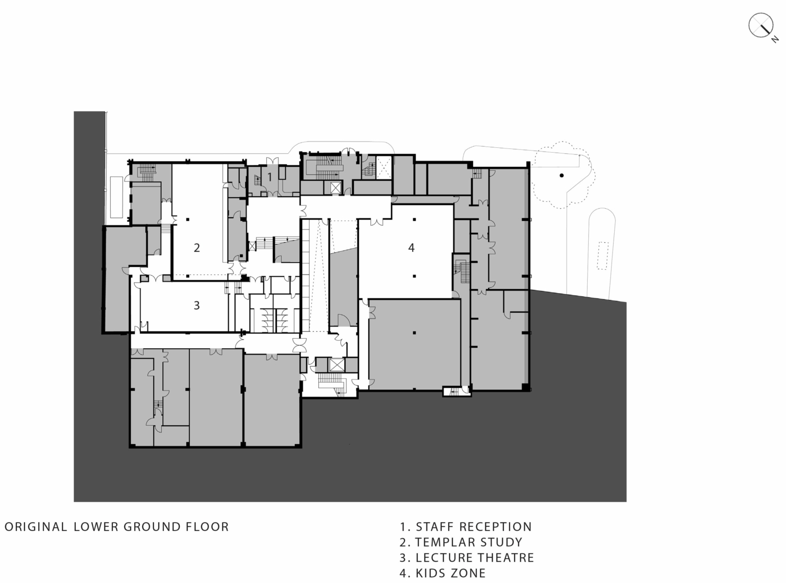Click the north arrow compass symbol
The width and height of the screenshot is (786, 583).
coord(761,25)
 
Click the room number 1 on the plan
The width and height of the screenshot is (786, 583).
coord(269,177)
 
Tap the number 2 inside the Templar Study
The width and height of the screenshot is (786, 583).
coord(197,248)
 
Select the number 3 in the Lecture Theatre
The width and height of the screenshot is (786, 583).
coord(197,305)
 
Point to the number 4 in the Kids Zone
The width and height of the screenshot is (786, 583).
coord(411,248)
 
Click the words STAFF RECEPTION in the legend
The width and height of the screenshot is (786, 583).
coord(474,527)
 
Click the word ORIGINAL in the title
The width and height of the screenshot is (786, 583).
coord(36,527)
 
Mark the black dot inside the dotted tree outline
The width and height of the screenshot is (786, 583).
coord(561,175)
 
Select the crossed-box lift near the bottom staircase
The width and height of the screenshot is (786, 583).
coord(336,365)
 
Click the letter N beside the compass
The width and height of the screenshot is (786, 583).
coord(775,39)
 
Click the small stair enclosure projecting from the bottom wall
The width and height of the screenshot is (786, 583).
coord(457,391)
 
